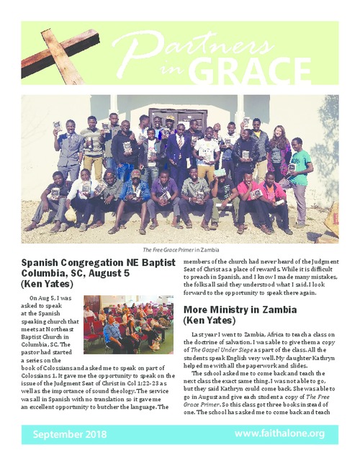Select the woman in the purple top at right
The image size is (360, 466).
(279, 153)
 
